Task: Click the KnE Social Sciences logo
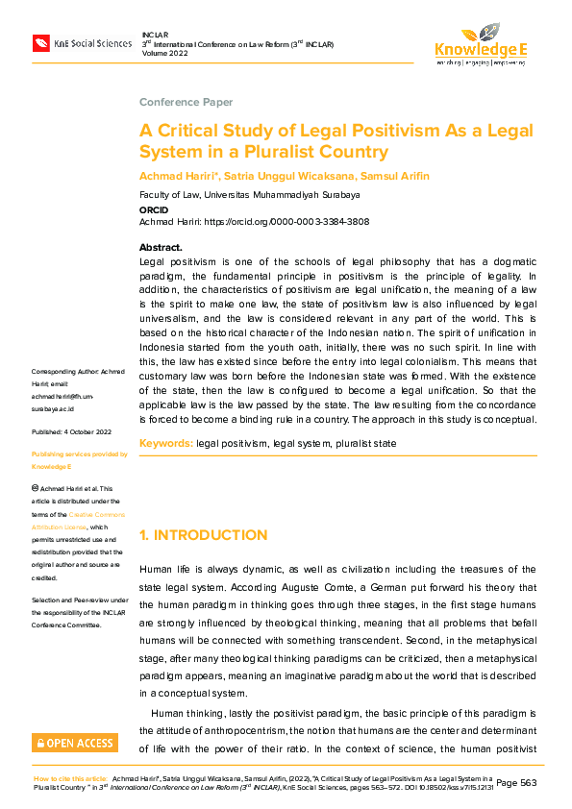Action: coord(82,43)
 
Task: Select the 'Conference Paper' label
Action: coord(186,102)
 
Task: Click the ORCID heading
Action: coord(154,209)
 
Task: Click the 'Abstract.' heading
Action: coord(161,248)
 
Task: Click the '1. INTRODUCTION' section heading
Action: coord(203,535)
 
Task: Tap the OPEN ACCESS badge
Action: coord(75,743)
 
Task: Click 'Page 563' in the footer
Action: coord(520,782)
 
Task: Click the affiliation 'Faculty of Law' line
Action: coord(249,194)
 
